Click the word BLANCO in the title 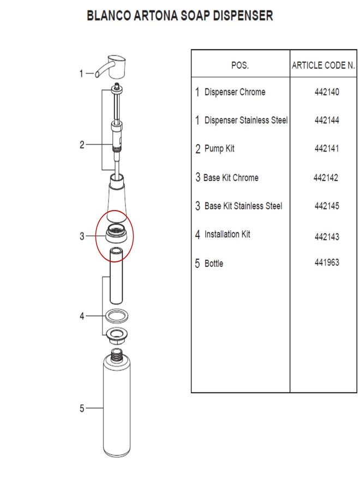point(109,16)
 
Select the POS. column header point(240,65)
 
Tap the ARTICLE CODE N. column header point(323,65)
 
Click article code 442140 point(327,92)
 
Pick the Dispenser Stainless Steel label point(246,120)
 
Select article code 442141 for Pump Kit point(327,148)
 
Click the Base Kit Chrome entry point(231,177)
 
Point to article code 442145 point(327,206)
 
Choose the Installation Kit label point(227,234)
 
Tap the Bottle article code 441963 point(327,262)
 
